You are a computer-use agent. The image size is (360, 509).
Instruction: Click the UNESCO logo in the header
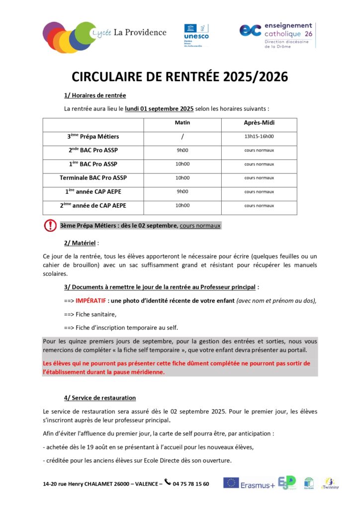pyautogui.click(x=196, y=34)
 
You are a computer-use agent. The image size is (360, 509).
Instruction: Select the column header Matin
pyautogui.click(x=182, y=122)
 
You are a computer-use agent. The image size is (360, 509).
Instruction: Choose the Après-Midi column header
pyautogui.click(x=259, y=123)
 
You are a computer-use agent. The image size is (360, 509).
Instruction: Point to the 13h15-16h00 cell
pyautogui.click(x=259, y=136)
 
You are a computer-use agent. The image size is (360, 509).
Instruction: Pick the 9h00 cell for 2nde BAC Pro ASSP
pyautogui.click(x=182, y=150)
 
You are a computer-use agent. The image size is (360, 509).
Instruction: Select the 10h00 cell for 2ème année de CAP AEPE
pyautogui.click(x=182, y=205)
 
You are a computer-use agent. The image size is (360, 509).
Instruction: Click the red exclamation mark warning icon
pyautogui.click(x=50, y=226)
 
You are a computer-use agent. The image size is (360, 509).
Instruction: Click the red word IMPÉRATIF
pyautogui.click(x=91, y=301)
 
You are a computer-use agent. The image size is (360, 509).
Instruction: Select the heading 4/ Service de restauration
pyautogui.click(x=99, y=398)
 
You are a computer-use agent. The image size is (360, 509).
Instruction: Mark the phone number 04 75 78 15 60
pyautogui.click(x=191, y=484)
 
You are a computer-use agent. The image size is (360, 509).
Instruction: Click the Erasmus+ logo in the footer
pyautogui.click(x=249, y=484)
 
